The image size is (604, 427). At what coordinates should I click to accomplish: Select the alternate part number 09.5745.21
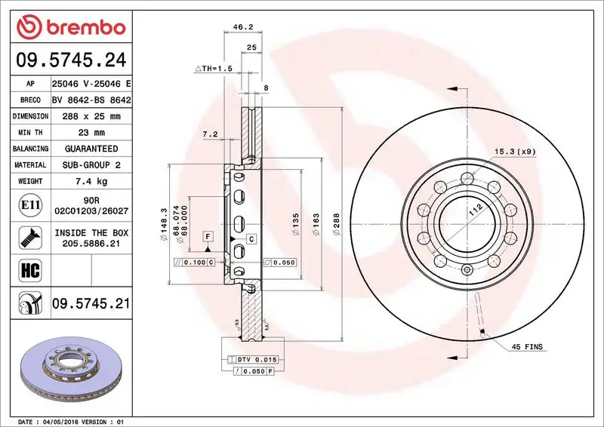click(x=91, y=304)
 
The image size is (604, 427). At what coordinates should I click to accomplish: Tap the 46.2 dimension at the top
click(x=242, y=26)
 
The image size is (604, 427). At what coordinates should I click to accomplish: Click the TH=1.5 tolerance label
click(x=215, y=69)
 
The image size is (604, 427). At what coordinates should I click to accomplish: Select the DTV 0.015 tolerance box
click(x=257, y=359)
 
